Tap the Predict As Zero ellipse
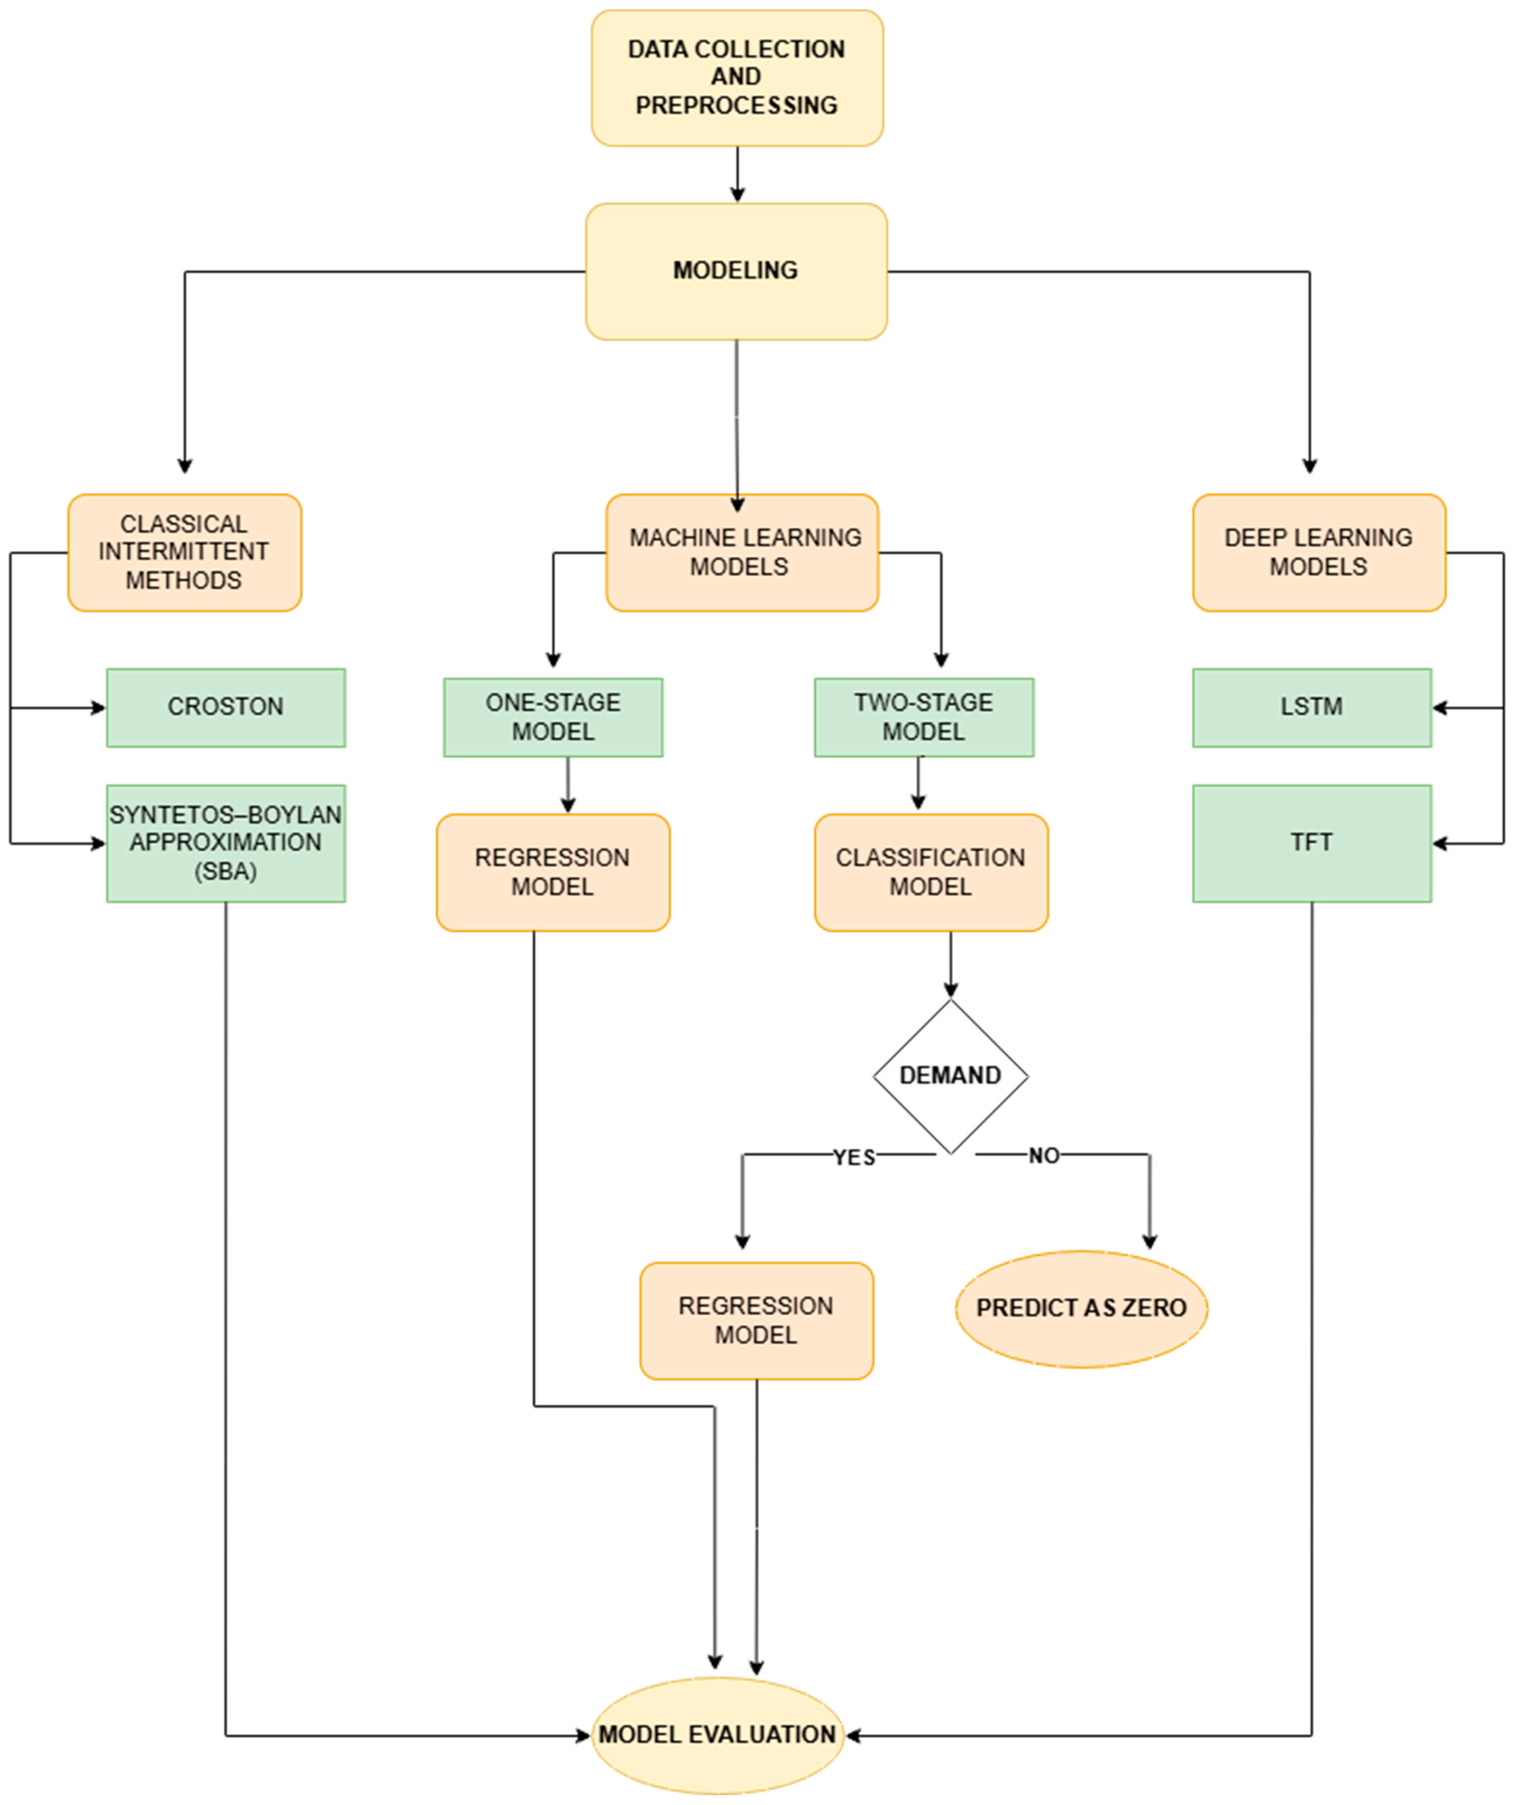[x=1082, y=1308]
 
